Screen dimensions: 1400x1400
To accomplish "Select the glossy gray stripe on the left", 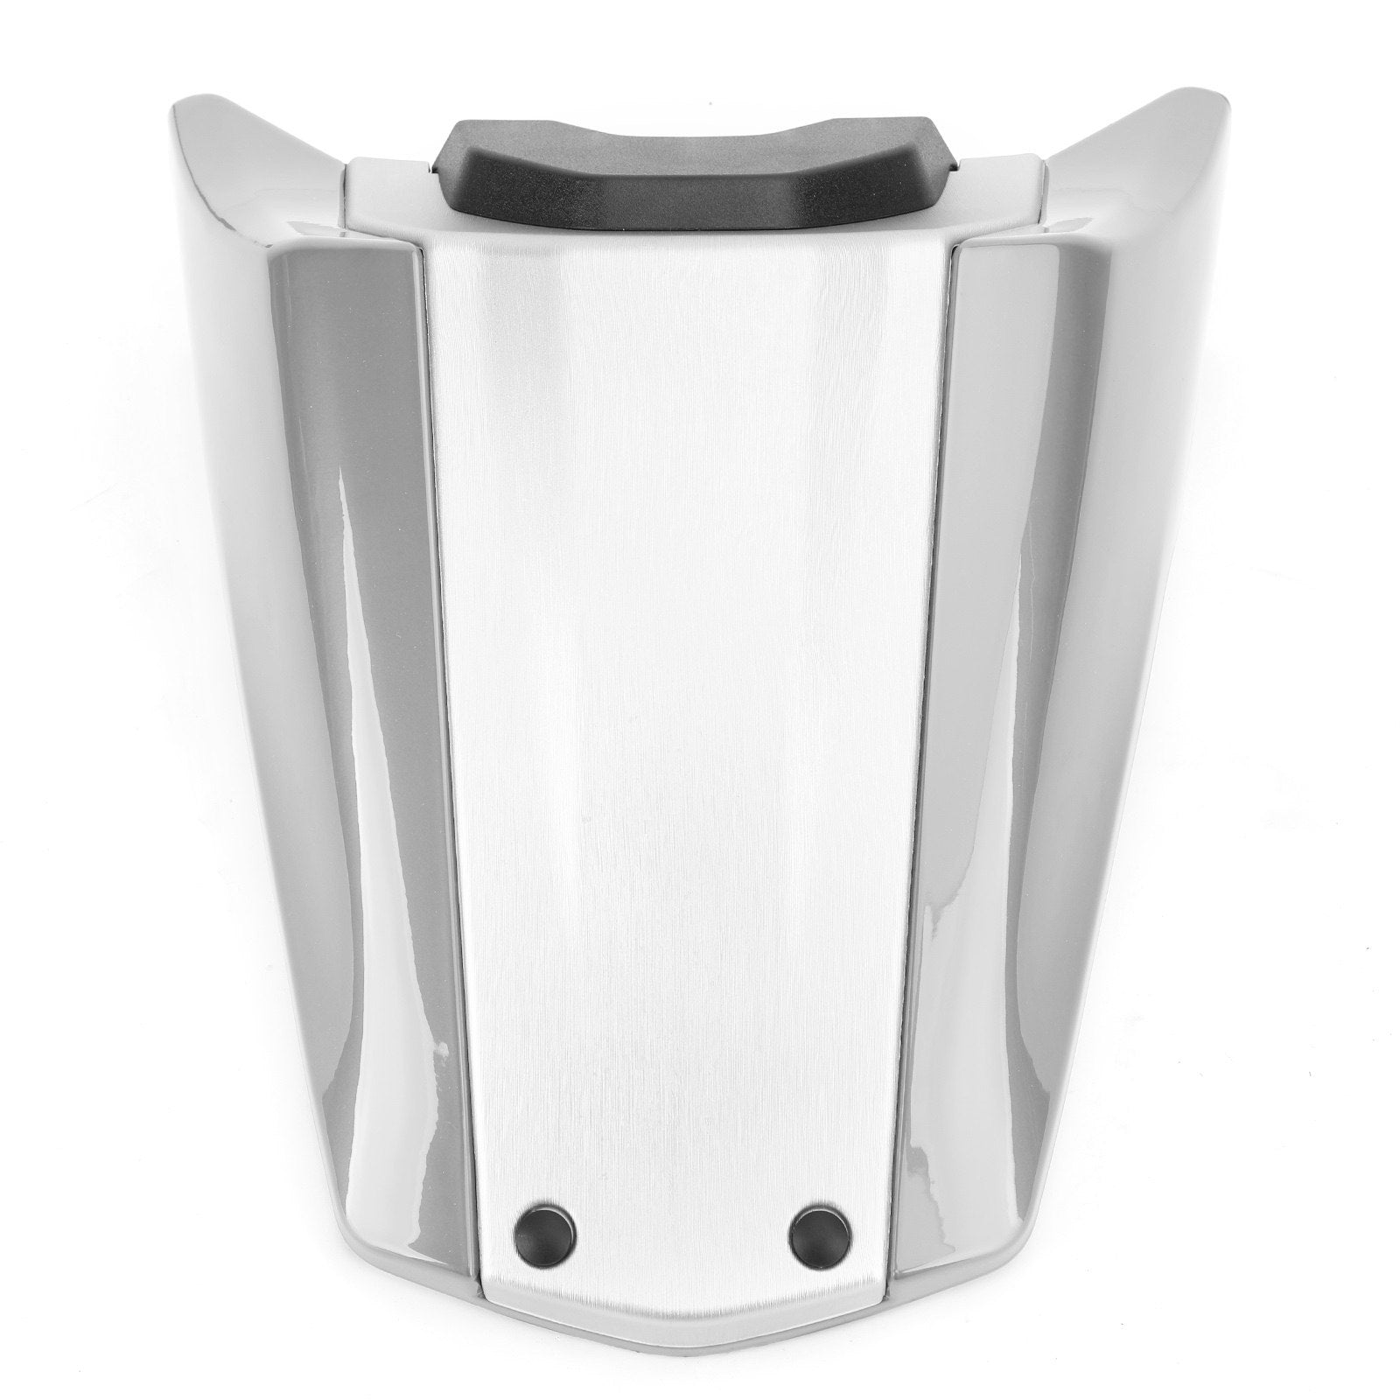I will [367, 700].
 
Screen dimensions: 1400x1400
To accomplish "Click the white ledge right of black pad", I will [1006, 184].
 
